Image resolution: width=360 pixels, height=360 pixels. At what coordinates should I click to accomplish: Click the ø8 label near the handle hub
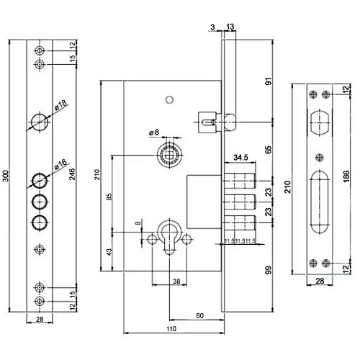153,132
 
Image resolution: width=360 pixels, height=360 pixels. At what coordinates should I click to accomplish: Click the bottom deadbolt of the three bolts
242,220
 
